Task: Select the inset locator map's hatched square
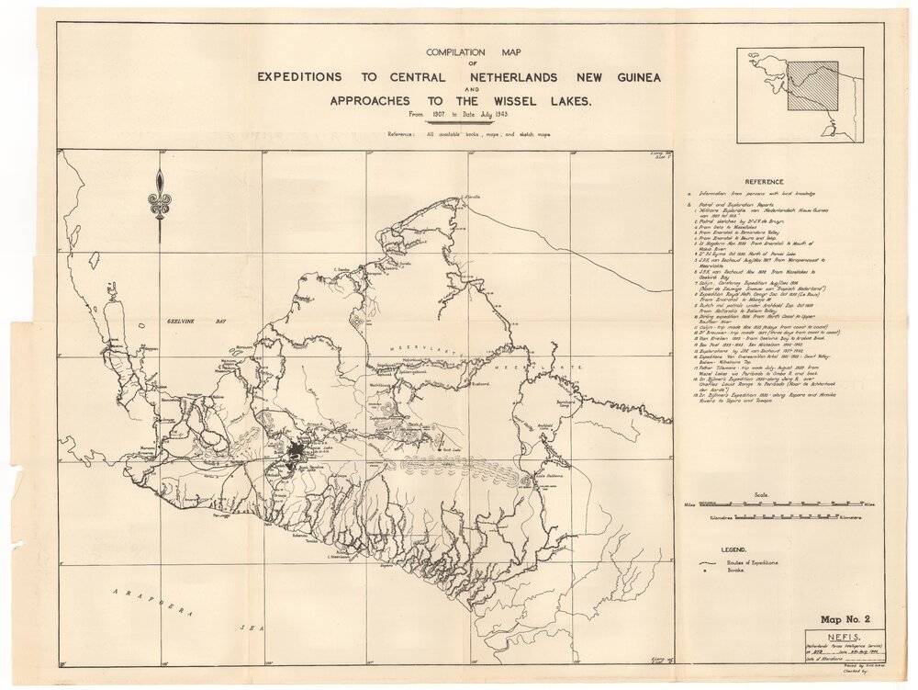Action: click(x=813, y=85)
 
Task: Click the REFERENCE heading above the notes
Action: click(x=764, y=182)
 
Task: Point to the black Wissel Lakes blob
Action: click(x=296, y=452)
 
